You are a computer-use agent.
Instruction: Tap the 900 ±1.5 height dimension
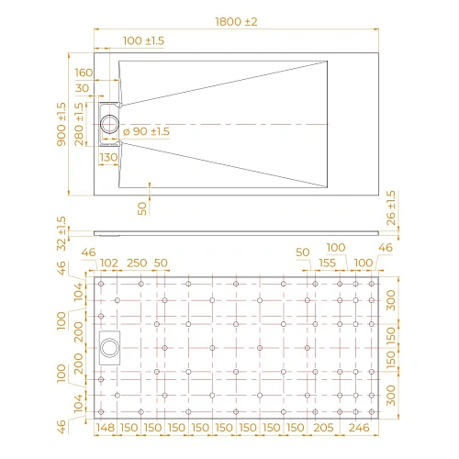[x=62, y=126]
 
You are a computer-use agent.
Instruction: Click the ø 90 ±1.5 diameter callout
[x=146, y=131]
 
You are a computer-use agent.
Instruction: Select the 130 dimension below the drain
[x=108, y=157]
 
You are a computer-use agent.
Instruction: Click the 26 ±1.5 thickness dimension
[x=391, y=207]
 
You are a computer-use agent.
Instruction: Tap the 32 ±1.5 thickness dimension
[x=62, y=235]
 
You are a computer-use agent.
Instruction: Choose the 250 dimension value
[x=136, y=263]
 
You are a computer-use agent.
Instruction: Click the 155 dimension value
[x=328, y=263]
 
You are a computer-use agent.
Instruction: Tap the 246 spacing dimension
[x=358, y=428]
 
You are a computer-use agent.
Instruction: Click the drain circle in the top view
[x=109, y=124]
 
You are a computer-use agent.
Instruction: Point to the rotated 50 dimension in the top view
[x=142, y=207]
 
